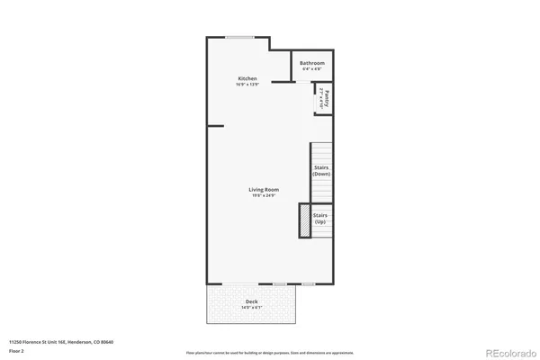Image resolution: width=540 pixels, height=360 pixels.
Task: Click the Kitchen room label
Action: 247,79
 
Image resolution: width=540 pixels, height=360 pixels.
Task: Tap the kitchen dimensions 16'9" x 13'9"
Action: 247,85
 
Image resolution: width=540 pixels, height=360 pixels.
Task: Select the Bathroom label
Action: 311,63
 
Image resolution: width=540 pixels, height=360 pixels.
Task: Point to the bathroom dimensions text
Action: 311,68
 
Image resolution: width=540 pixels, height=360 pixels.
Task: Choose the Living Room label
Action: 264,189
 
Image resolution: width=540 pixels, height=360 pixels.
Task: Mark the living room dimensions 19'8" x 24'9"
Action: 264,195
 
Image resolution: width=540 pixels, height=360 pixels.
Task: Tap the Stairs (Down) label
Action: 321,170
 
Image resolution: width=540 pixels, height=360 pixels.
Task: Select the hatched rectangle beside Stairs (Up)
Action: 305,221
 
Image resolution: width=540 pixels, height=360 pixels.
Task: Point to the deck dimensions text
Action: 251,309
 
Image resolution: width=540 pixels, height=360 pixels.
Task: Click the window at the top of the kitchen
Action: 238,37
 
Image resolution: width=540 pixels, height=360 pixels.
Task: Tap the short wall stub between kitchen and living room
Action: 216,126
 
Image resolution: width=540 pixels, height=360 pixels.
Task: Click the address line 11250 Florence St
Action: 60,342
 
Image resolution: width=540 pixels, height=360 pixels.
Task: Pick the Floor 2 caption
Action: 18,350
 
